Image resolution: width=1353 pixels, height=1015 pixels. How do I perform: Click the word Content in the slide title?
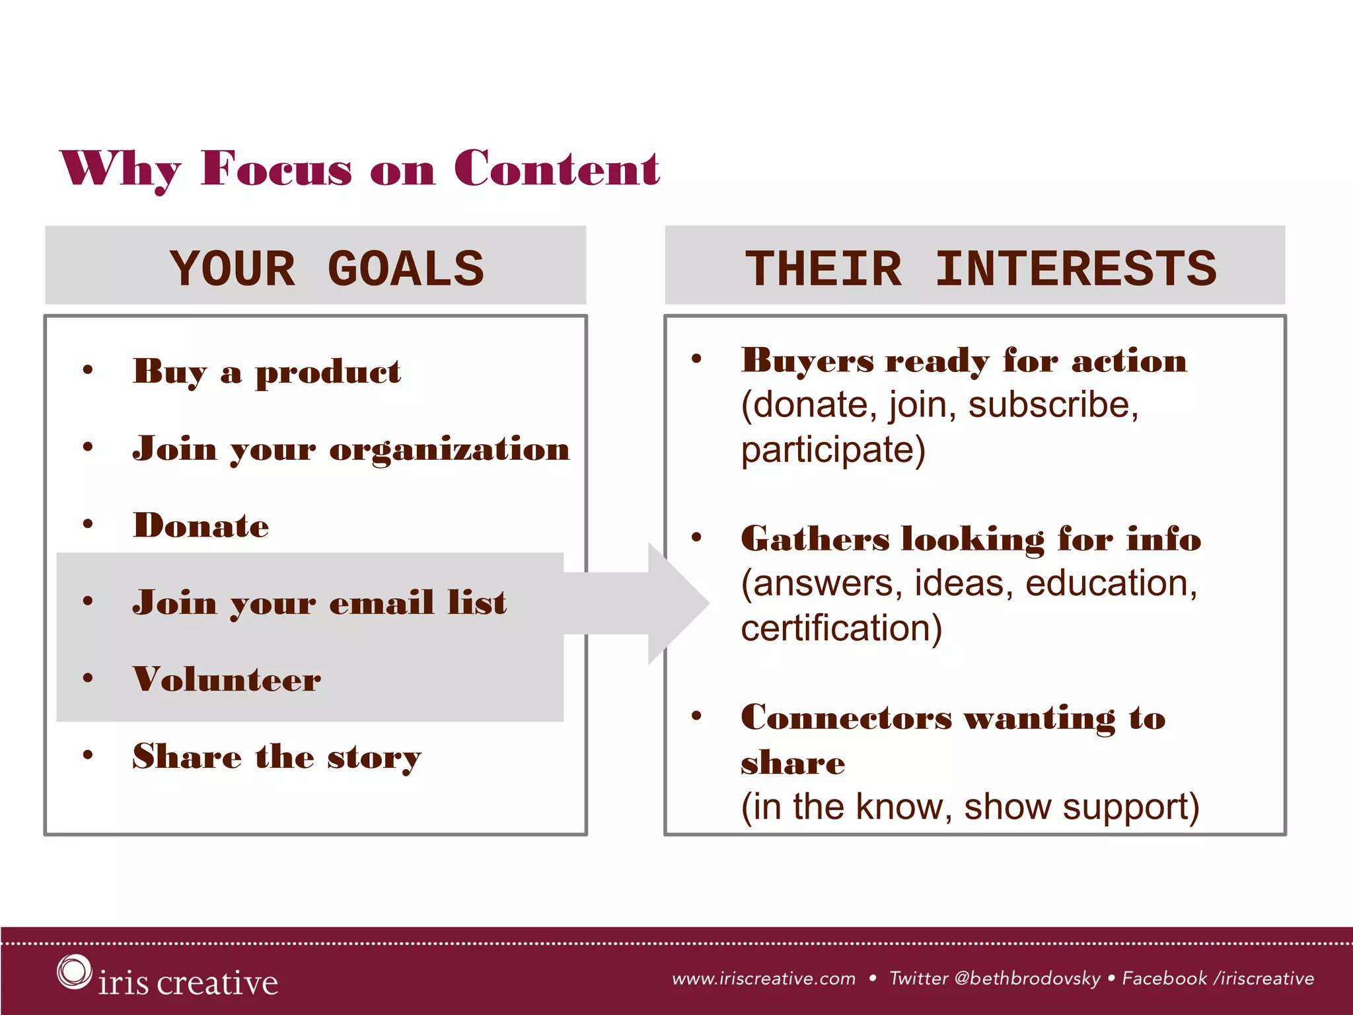click(556, 169)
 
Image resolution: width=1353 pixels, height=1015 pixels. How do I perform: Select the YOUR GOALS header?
click(326, 269)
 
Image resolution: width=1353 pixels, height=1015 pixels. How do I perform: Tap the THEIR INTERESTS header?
click(980, 269)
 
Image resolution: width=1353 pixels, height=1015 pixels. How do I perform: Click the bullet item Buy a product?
click(266, 371)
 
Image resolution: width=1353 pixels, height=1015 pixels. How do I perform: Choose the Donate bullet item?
click(201, 526)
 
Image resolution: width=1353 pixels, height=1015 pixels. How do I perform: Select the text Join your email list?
click(320, 603)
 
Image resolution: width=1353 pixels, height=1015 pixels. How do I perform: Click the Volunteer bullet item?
click(227, 679)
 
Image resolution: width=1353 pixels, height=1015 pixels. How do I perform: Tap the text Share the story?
click(276, 757)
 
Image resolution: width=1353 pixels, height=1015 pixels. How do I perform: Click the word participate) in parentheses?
click(832, 451)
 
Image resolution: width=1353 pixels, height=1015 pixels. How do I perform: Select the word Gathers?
click(815, 539)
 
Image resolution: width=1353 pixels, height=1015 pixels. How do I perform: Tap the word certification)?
click(841, 628)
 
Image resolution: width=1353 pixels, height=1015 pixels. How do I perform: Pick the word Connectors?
click(846, 718)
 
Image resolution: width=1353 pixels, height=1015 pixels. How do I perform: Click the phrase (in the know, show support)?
click(969, 807)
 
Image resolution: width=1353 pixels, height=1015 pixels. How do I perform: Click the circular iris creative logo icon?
click(73, 971)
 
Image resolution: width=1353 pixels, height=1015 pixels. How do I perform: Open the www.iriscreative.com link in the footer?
click(764, 979)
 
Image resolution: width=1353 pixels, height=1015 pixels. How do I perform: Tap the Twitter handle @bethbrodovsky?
click(1027, 979)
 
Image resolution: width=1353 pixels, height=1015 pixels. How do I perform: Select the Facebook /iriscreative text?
click(1218, 979)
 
